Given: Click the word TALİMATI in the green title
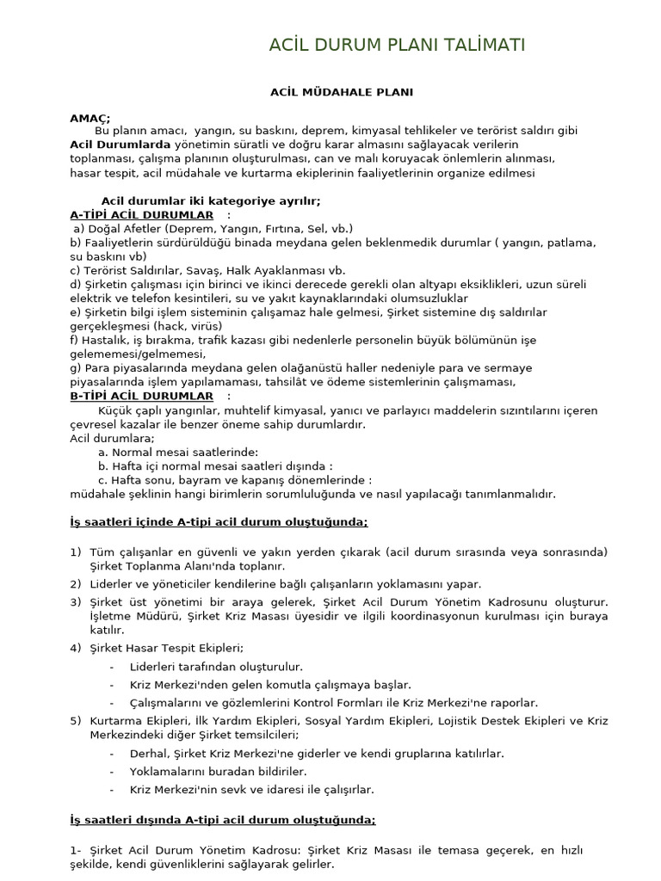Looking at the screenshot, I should click(x=482, y=46).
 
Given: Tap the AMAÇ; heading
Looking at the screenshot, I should click(x=90, y=118).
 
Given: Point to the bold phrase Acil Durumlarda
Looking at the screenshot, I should click(x=120, y=145).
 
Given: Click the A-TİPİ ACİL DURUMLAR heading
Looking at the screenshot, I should click(x=142, y=214).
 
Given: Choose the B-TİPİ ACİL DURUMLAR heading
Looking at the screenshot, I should click(x=142, y=396).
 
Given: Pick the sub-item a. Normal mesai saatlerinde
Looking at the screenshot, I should click(x=178, y=452).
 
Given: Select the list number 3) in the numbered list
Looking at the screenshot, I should click(x=76, y=602).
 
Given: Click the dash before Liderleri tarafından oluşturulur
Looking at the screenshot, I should click(x=113, y=667).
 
